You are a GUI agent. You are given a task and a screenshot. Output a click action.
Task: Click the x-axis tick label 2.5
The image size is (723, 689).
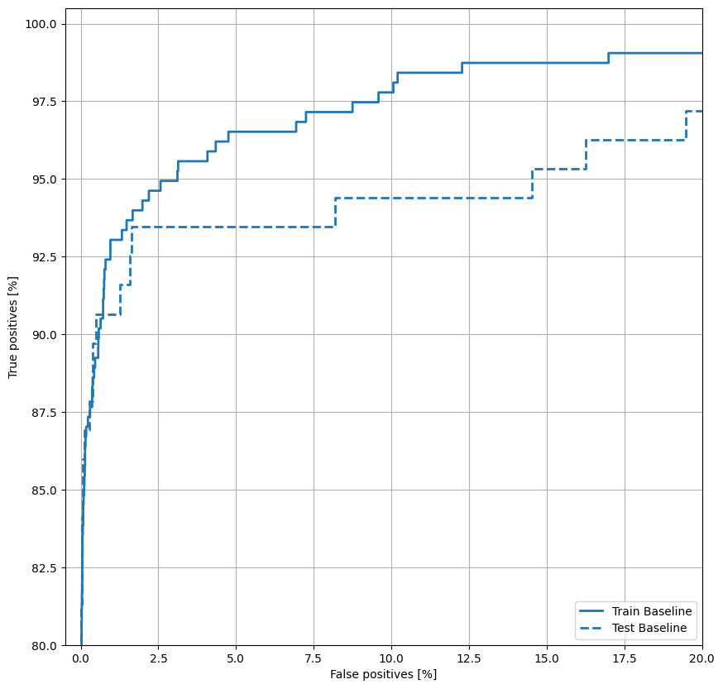[158, 659]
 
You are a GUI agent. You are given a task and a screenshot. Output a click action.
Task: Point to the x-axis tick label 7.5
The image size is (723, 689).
[314, 659]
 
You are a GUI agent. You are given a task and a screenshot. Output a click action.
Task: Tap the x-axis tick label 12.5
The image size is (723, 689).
[469, 659]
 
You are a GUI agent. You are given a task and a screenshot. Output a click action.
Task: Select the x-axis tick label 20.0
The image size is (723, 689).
[701, 659]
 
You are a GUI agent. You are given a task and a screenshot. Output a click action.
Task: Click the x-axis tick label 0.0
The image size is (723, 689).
[81, 659]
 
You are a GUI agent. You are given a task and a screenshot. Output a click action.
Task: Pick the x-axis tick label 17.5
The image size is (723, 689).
[625, 659]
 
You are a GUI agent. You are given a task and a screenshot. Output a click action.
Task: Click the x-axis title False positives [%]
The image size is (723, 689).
[383, 675]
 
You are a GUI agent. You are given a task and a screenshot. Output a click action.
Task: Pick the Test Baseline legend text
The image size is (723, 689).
[649, 629]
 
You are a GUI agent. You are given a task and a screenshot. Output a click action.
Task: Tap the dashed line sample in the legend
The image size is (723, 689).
[594, 629]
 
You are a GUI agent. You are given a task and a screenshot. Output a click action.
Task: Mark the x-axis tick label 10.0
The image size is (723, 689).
[391, 659]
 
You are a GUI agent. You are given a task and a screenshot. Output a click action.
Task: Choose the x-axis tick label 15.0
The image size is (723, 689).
[547, 659]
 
